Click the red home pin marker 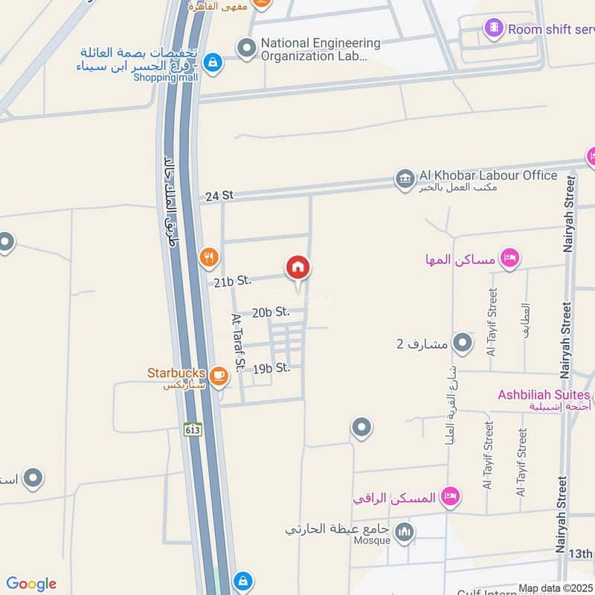[297, 268]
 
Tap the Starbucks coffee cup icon [218, 376]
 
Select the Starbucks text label [176, 372]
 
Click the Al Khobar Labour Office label [488, 176]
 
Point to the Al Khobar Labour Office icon [405, 178]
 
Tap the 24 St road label [219, 195]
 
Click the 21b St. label [232, 281]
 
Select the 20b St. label [270, 312]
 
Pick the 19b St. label [271, 367]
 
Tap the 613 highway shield [193, 429]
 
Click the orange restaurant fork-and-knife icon [210, 257]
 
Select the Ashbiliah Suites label [544, 394]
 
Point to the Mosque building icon [405, 533]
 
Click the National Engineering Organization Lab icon [246, 49]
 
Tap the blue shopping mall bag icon [213, 63]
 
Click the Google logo [31, 584]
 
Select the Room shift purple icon [493, 30]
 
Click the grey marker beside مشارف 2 [463, 343]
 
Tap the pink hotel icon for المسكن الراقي [449, 496]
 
